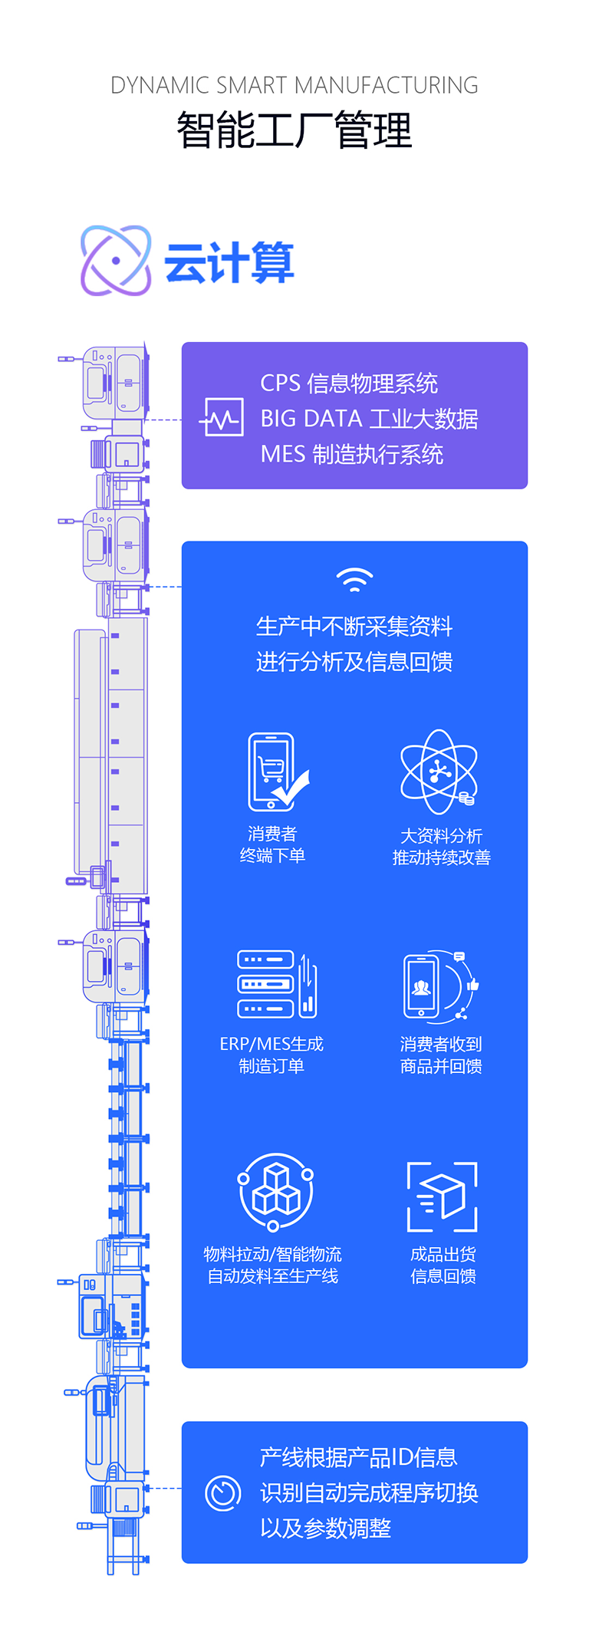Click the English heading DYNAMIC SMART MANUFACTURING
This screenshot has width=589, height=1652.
(x=294, y=85)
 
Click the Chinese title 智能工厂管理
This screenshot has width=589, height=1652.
(x=294, y=130)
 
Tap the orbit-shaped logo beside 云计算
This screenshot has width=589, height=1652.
(x=116, y=261)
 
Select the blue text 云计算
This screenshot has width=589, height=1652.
(x=229, y=262)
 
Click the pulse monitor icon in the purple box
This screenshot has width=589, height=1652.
(x=222, y=417)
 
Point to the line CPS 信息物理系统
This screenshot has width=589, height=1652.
(x=349, y=383)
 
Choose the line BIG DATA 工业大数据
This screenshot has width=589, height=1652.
(x=369, y=419)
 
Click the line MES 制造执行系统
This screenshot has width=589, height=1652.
(x=352, y=454)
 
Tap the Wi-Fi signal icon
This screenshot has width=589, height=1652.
(x=354, y=580)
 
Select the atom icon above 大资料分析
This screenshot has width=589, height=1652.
(x=439, y=772)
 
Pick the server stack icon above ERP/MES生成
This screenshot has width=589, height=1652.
(x=277, y=985)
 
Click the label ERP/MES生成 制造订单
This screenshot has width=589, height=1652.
(x=271, y=1055)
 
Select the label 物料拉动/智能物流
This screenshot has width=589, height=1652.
(x=272, y=1254)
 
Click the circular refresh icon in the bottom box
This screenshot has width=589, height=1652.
(x=223, y=1493)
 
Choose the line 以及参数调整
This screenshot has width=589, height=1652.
(x=326, y=1529)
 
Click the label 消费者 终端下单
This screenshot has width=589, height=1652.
(x=272, y=844)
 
